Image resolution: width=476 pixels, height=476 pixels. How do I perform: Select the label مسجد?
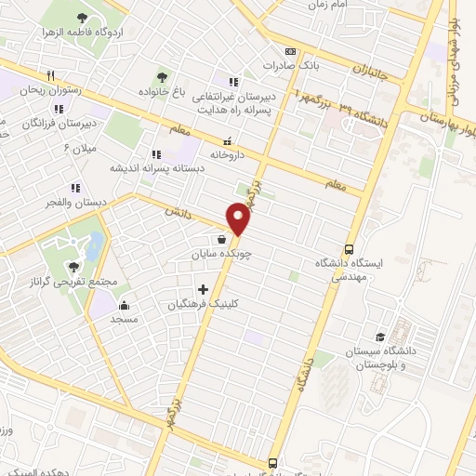(x=124, y=319)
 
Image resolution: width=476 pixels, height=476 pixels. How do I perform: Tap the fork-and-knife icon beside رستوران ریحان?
(x=51, y=76)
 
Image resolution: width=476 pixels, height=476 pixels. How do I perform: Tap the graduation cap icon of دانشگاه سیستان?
(x=379, y=337)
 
